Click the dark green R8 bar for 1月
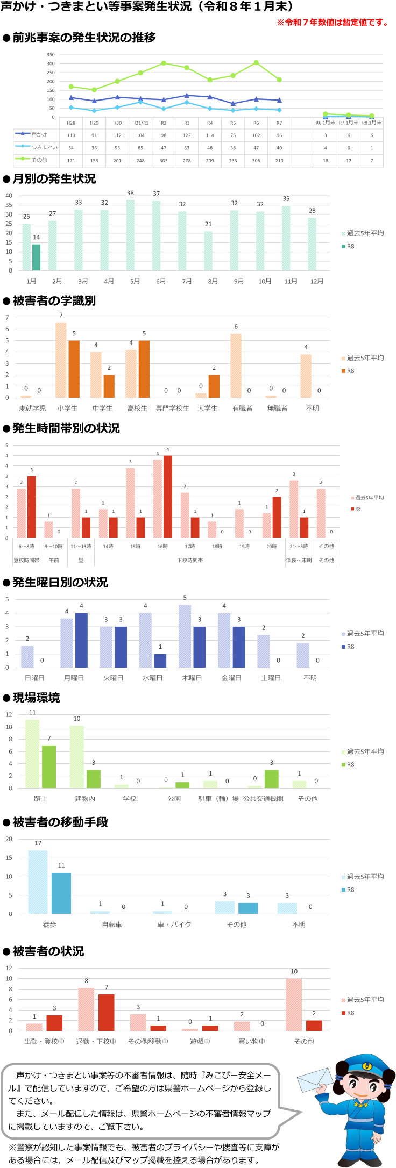pyautogui.click(x=36, y=257)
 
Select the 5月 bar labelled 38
pyautogui.click(x=131, y=235)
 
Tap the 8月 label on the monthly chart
pyautogui.click(x=213, y=281)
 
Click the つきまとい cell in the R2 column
pyautogui.click(x=164, y=148)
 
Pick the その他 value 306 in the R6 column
pyautogui.click(x=256, y=160)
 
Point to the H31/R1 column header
pyautogui.click(x=140, y=123)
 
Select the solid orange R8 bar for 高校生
pyautogui.click(x=144, y=369)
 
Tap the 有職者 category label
pyautogui.click(x=242, y=408)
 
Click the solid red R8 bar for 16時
pyautogui.click(x=168, y=496)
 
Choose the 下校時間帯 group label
pyautogui.click(x=190, y=560)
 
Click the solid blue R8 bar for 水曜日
pyautogui.click(x=160, y=661)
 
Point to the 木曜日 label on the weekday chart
pyautogui.click(x=192, y=678)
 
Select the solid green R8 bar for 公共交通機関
pyautogui.click(x=271, y=779)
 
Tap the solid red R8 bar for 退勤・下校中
pyautogui.click(x=107, y=1012)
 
